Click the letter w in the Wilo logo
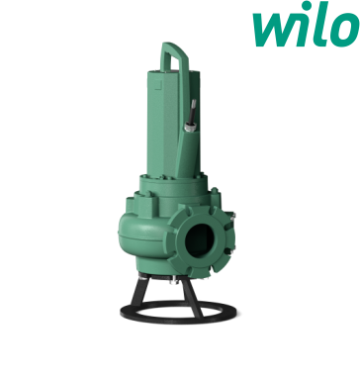tap(274, 30)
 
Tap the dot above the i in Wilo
tap(307, 6)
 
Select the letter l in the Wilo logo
tap(321, 24)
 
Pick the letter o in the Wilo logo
tap(345, 30)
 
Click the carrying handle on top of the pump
tap(174, 57)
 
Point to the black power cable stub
tap(193, 112)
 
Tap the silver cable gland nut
tap(190, 127)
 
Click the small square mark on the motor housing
tap(158, 86)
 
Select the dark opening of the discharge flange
tap(200, 240)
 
